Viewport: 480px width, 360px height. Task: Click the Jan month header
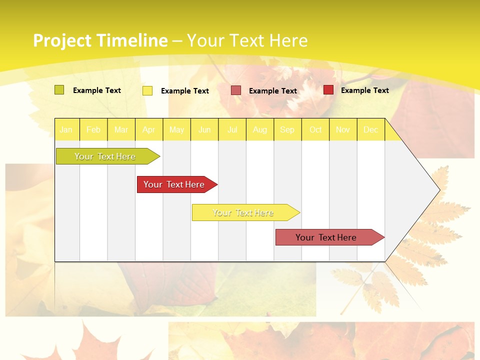coord(66,129)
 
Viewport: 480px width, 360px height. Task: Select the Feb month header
coord(93,129)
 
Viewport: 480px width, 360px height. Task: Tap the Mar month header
coord(121,129)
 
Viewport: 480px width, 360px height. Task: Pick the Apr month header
coord(149,129)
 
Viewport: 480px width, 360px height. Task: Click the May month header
coord(176,129)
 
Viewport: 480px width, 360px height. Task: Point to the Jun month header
coord(204,129)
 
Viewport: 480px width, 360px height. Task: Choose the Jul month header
coord(232,129)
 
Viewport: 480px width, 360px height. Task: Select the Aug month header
coord(260,129)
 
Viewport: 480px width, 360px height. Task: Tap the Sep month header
coord(287,129)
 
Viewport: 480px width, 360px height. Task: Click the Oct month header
coord(315,129)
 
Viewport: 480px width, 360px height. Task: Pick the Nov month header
coord(343,129)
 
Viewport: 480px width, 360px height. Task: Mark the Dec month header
coord(371,129)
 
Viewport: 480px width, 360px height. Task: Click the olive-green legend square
coord(59,90)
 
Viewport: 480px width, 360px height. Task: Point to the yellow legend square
coord(147,90)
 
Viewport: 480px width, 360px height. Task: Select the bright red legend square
coord(328,90)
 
